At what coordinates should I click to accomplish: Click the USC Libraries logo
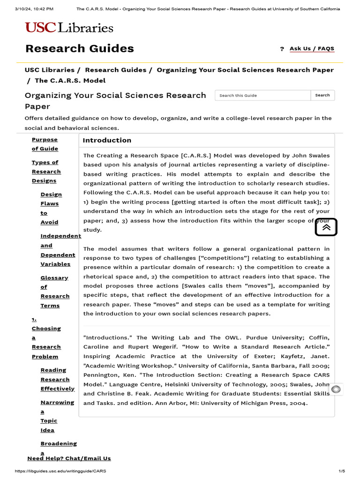tap(69, 28)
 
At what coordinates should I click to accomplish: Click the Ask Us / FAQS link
tap(312, 49)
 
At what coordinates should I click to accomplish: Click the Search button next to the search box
tap(322, 95)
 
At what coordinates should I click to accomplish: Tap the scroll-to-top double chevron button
tap(326, 227)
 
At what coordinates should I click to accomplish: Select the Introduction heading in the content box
tap(107, 140)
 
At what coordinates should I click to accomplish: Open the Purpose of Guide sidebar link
tap(45, 144)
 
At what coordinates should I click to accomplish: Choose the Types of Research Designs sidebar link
tap(46, 172)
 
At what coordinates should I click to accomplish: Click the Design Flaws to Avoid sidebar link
tap(50, 208)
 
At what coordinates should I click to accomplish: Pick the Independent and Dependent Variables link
tap(57, 250)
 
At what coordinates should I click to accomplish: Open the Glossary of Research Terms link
tap(54, 292)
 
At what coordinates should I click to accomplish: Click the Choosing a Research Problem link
tap(46, 337)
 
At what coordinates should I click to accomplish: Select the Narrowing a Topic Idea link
tap(56, 416)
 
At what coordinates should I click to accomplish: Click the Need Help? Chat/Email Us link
tap(69, 458)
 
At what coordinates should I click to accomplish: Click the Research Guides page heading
tap(79, 48)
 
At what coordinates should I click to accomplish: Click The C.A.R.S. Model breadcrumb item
tap(70, 81)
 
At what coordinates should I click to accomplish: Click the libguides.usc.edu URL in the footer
tap(57, 471)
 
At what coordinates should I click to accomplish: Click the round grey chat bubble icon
tap(336, 390)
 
